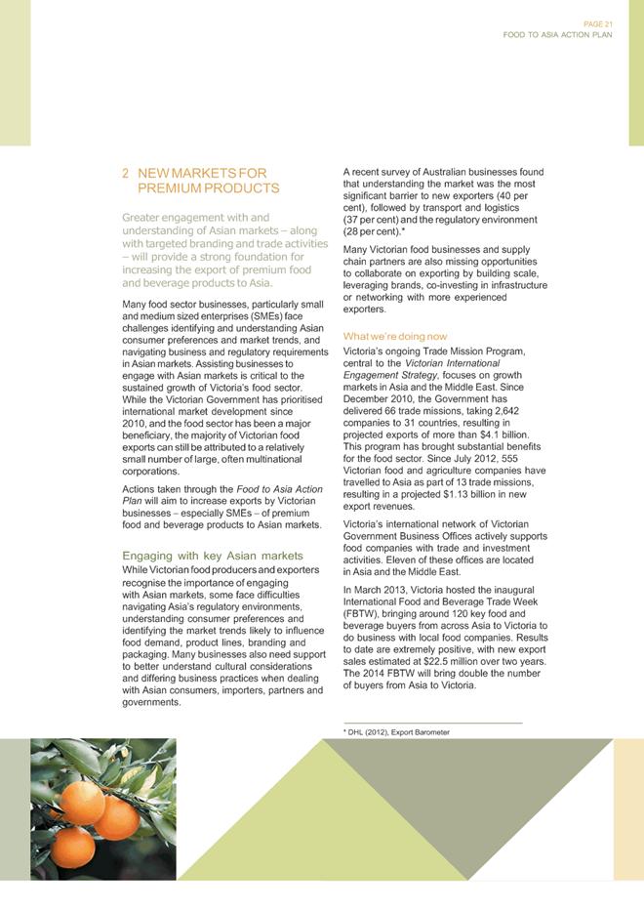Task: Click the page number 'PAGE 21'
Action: pos(599,23)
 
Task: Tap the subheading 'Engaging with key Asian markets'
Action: pos(212,556)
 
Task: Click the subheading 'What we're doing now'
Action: pos(395,336)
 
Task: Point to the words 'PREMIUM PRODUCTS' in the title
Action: pos(209,187)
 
